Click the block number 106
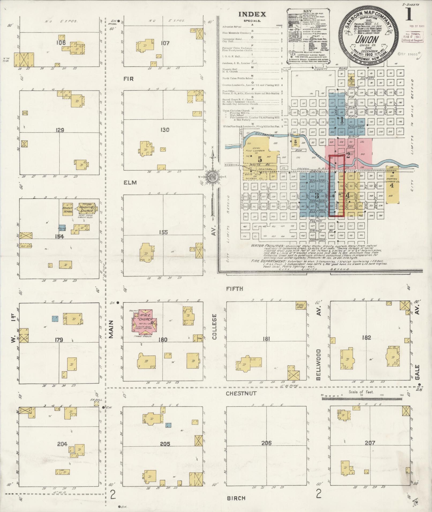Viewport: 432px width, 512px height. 61,43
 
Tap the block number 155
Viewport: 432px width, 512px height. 163,232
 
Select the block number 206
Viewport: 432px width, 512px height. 266,443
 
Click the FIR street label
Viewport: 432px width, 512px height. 129,79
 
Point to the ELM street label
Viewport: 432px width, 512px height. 130,183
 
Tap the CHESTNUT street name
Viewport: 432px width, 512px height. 241,393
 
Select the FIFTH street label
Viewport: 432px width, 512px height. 235,289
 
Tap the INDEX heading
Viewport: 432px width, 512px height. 252,14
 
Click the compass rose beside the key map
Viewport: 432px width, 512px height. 212,177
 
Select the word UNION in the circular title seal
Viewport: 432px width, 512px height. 367,40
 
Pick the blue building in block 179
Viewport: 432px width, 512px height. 55,318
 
